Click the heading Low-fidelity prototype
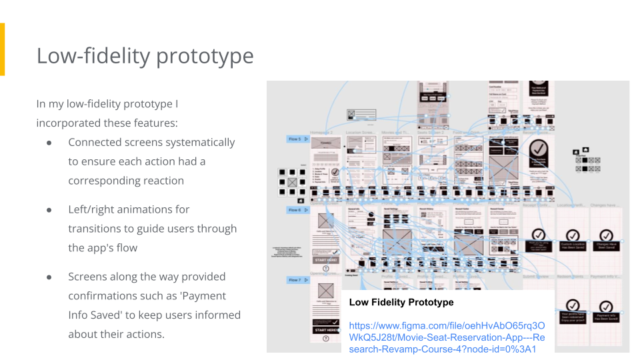(x=145, y=56)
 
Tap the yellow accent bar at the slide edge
(x=2, y=49)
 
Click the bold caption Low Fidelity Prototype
(x=401, y=302)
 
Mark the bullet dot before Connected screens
(x=49, y=143)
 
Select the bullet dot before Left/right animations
(x=49, y=209)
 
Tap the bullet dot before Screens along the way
(x=49, y=277)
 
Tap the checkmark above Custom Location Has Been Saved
(x=572, y=235)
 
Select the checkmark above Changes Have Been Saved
(x=605, y=235)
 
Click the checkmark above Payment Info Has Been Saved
(x=605, y=307)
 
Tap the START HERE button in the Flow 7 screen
(x=326, y=330)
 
